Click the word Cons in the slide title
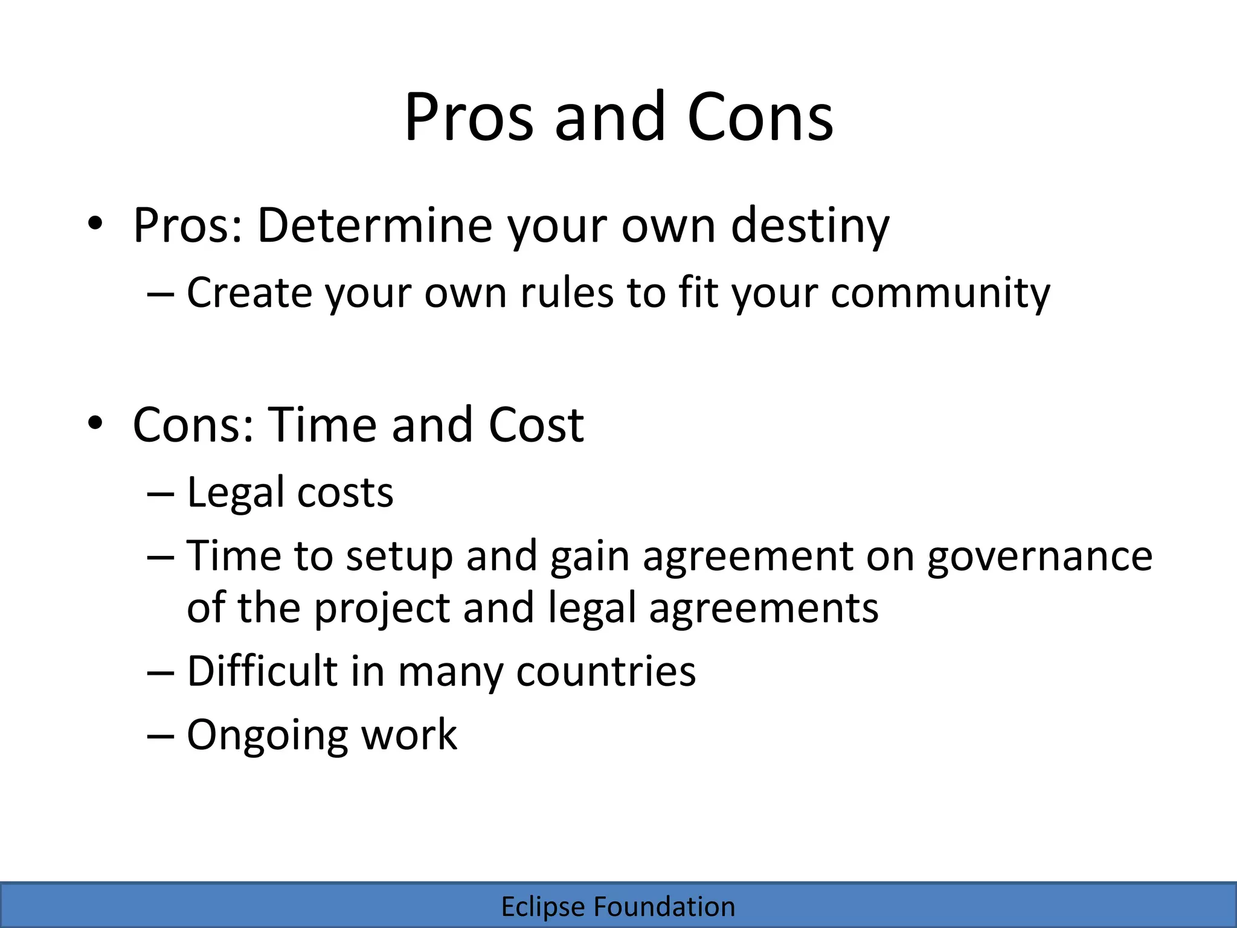[x=760, y=117]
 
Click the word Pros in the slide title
[x=468, y=117]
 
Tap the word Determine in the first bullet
[x=374, y=225]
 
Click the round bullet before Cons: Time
[x=95, y=424]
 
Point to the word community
[x=940, y=294]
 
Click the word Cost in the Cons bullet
[x=536, y=425]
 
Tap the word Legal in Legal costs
[x=235, y=493]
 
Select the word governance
[x=1039, y=556]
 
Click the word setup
[x=399, y=556]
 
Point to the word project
[x=382, y=608]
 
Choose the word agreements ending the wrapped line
[x=763, y=608]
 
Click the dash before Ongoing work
[x=161, y=736]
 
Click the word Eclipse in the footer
[x=543, y=907]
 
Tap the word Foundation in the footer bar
[x=664, y=907]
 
